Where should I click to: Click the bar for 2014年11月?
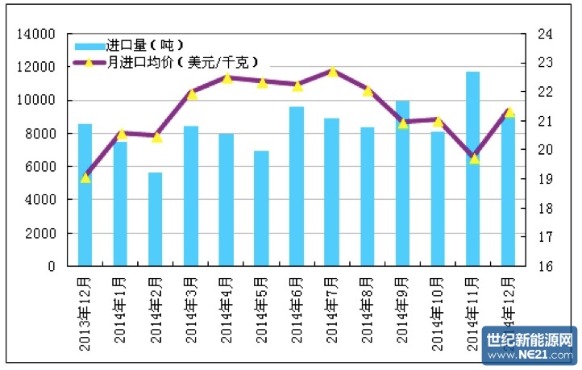pos(472,169)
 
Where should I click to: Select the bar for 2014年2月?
pos(155,219)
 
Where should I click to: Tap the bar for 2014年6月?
pos(296,186)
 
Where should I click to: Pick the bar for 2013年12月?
pos(85,195)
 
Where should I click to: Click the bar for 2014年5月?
pos(260,209)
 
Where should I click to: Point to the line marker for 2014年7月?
pos(332,72)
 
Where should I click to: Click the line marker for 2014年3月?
pos(191,94)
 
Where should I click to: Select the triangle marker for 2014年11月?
pos(474,159)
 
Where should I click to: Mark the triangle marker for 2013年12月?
pos(85,177)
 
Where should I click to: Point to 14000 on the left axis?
pos(39,34)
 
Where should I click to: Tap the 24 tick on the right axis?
pos(544,34)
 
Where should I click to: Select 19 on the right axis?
pos(544,179)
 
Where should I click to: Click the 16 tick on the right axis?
pos(544,266)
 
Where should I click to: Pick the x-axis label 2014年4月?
pos(227,310)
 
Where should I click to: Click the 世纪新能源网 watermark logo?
pos(530,345)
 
